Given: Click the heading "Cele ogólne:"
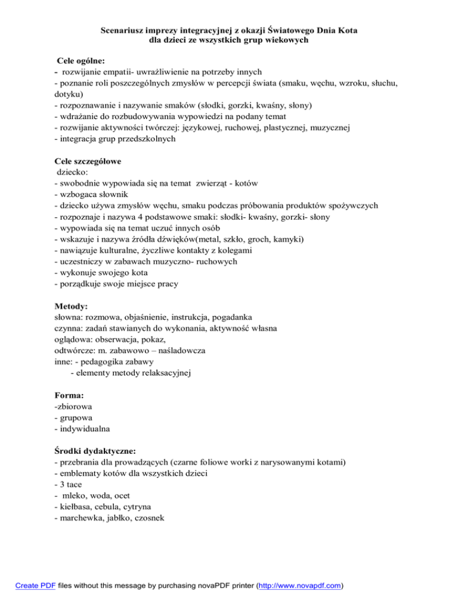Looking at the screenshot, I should pyautogui.click(x=81, y=61).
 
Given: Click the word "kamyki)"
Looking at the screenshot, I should pyautogui.click(x=287, y=239).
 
